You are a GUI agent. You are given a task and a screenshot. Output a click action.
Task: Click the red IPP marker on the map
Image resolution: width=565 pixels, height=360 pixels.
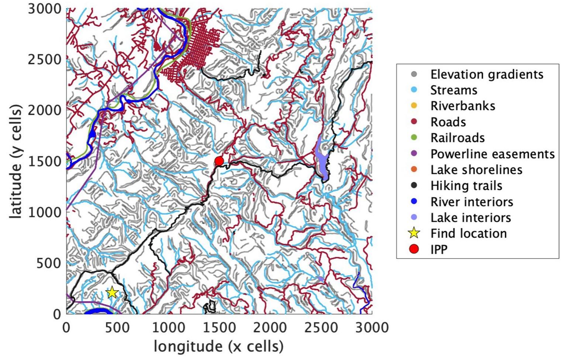219,161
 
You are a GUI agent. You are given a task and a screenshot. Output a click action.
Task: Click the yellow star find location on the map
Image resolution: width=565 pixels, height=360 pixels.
112,292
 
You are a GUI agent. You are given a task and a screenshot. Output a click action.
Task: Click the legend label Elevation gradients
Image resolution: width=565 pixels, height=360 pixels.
486,74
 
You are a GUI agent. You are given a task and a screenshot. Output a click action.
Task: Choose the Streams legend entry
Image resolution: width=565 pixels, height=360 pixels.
454,90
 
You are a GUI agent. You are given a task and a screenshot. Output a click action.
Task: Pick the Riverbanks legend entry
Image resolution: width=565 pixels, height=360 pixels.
462,106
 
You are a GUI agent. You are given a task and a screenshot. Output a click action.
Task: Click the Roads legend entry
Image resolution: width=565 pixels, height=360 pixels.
448,122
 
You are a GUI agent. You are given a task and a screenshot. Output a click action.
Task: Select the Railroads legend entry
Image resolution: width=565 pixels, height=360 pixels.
457,138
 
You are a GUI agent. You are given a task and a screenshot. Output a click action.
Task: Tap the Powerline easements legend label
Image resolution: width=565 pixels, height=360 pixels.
492,154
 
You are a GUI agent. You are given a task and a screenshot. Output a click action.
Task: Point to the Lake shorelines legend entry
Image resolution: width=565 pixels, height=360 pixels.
476,170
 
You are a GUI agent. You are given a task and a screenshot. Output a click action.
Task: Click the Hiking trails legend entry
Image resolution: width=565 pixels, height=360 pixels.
466,186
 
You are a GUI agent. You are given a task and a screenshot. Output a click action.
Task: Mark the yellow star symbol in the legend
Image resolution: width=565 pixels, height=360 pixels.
414,233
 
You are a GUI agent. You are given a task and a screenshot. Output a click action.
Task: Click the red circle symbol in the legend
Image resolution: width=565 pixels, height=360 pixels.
414,249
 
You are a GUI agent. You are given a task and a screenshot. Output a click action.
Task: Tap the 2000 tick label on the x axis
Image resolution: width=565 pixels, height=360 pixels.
270,328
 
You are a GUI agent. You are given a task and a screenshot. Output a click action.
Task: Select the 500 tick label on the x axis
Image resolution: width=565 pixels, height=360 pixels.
117,328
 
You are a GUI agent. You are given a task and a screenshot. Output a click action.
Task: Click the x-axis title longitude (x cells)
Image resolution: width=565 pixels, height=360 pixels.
219,347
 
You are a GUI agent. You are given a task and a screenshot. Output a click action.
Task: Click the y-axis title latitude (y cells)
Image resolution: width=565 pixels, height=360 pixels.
16,161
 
